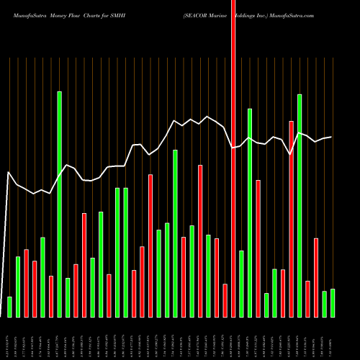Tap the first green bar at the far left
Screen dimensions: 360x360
(9, 307)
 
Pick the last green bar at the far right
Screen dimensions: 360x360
(333, 303)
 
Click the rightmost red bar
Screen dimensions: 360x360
(316, 277)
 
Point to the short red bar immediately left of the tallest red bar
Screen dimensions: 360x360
(225, 300)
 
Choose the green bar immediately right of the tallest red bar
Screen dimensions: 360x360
(241, 284)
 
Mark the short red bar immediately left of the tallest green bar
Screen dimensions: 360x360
(51, 296)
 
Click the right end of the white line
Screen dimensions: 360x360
(331, 137)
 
